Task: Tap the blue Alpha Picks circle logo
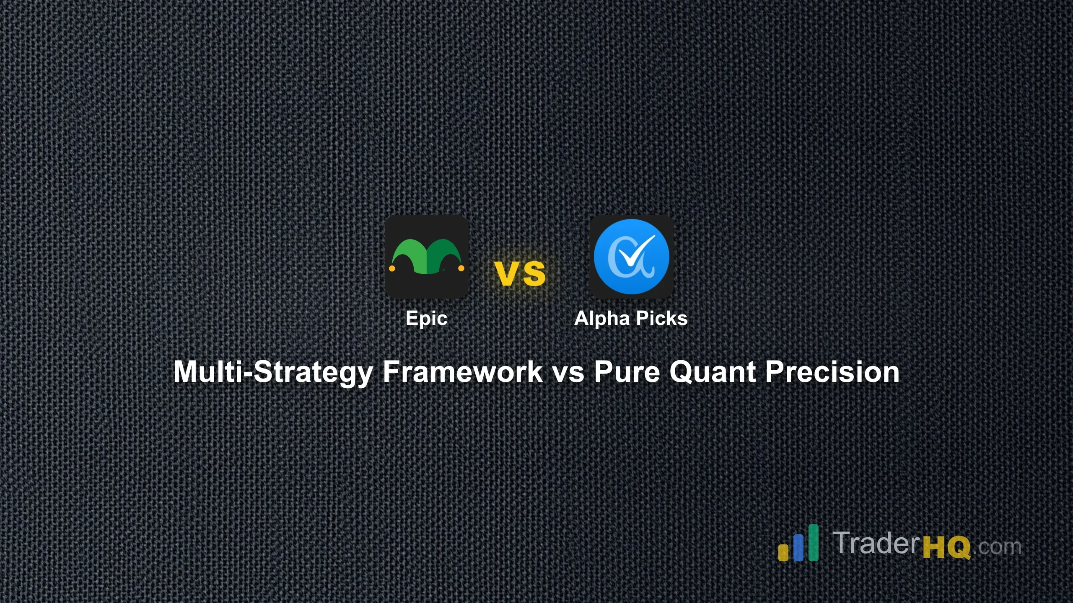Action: click(631, 256)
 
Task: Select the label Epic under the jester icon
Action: click(426, 318)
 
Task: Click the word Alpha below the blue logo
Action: click(601, 318)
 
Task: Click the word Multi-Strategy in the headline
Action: click(273, 372)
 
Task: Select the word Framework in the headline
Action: click(463, 372)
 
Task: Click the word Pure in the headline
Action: click(627, 372)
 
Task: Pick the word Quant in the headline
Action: click(713, 372)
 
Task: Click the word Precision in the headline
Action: click(832, 372)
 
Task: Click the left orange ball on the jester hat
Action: click(392, 268)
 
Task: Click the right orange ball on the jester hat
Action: click(461, 268)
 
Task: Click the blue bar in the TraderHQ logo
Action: click(798, 547)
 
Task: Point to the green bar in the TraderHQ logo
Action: click(813, 542)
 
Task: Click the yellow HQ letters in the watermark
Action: click(946, 547)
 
